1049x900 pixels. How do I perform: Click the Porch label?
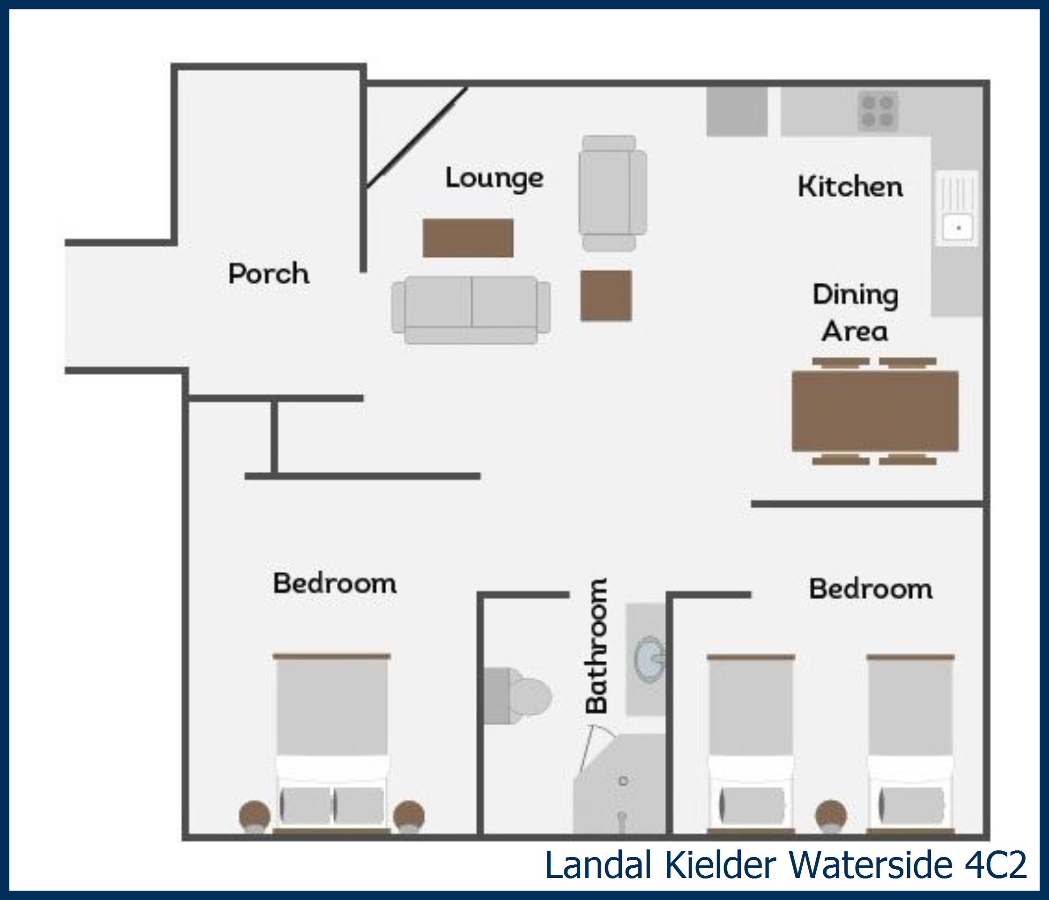268,274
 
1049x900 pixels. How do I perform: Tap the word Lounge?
494,178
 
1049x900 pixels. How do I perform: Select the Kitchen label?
850,187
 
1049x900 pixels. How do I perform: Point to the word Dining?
855,295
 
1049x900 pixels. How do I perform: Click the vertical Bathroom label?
597,645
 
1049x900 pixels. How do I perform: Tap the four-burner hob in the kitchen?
878,111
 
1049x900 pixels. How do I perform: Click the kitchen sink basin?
957,227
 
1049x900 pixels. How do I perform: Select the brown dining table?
875,411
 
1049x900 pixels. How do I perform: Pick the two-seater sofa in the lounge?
471,310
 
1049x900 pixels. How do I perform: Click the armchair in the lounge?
612,193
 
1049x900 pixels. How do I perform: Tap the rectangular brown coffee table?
468,238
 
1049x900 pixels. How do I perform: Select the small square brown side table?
606,295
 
